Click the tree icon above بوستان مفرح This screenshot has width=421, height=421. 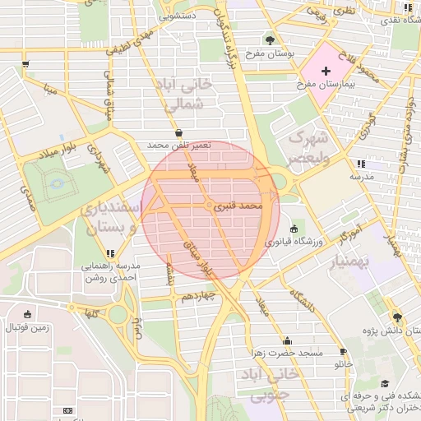pyautogui.click(x=271, y=39)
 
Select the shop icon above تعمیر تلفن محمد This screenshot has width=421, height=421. pyautogui.click(x=179, y=132)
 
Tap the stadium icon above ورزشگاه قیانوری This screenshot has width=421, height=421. pyautogui.click(x=295, y=229)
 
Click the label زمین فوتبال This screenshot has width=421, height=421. pyautogui.click(x=28, y=326)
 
